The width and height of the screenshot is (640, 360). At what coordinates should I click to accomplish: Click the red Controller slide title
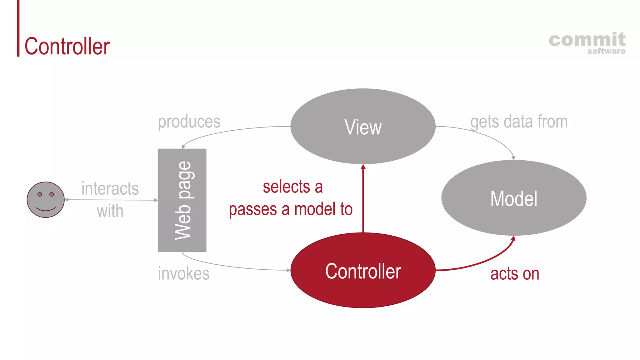point(67,46)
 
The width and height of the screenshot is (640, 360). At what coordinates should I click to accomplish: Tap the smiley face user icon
point(46,200)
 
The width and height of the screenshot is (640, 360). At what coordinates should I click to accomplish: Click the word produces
point(189,122)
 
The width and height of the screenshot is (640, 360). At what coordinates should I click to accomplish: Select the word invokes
point(183,273)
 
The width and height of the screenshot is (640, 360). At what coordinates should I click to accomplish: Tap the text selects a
point(292,187)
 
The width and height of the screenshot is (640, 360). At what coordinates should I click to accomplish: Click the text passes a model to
point(291,209)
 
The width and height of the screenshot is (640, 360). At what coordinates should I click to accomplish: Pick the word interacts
point(110,188)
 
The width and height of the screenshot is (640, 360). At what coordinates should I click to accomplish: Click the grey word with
point(110,211)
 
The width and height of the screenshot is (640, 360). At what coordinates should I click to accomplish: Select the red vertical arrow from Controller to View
point(363,200)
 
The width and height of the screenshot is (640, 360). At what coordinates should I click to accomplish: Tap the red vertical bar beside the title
point(18,28)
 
